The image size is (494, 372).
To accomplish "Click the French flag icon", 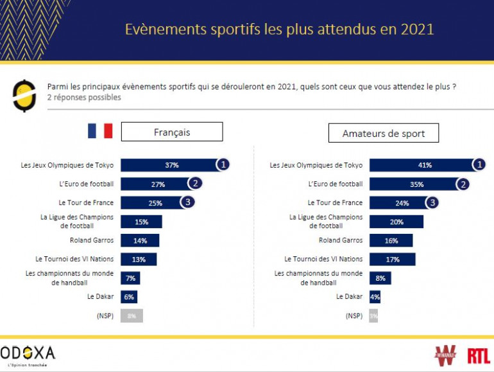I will click(100, 131).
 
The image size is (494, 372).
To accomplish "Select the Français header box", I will click(172, 132).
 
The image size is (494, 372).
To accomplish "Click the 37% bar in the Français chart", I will click(169, 165).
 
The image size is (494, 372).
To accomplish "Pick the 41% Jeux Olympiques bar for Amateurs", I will click(422, 165).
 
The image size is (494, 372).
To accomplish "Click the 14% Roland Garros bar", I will click(140, 240).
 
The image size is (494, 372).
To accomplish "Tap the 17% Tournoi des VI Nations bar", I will click(393, 260).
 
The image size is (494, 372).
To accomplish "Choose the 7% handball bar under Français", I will click(130, 278).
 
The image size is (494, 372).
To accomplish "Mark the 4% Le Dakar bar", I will click(375, 297).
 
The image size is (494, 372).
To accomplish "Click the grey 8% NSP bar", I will click(132, 315).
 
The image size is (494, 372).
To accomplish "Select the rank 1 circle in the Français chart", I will click(223, 164).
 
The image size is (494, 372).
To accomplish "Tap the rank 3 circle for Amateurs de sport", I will click(432, 203).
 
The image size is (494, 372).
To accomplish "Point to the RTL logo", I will click(478, 355).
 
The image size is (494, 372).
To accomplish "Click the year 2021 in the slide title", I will click(418, 30).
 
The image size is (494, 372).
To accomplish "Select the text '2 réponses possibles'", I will click(84, 98).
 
